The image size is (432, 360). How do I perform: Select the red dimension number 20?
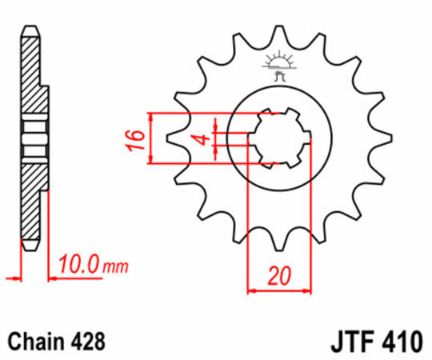coord(278,277)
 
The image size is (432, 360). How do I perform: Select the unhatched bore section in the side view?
coord(32,139)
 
